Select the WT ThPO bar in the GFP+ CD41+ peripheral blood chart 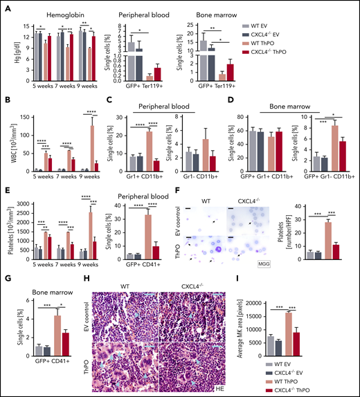(x=167, y=236)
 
